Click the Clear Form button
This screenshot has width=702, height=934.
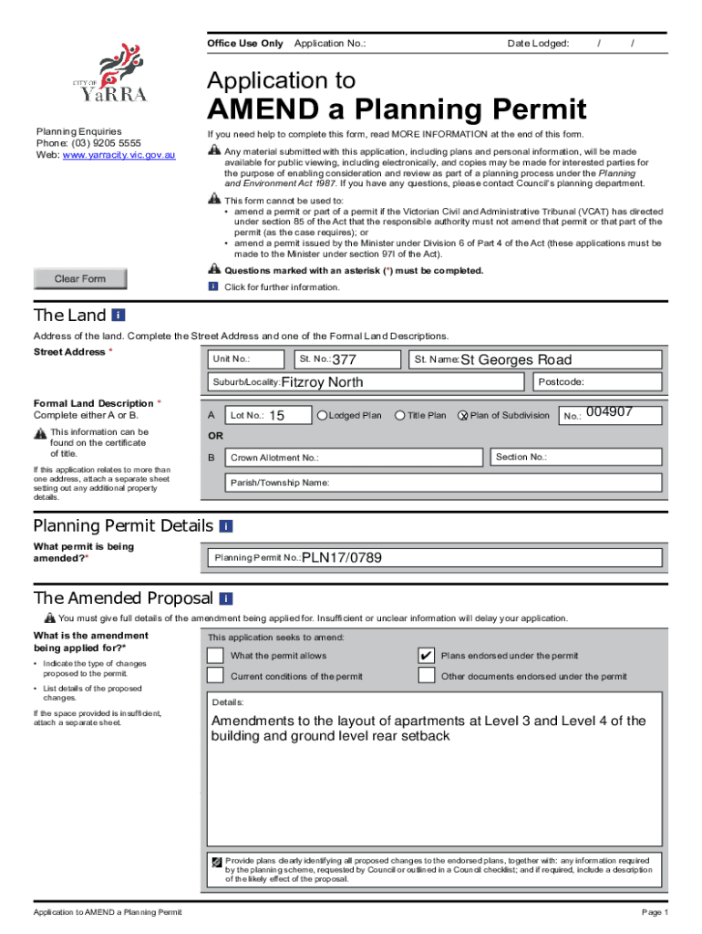pos(80,279)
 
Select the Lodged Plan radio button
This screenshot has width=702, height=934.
pos(322,416)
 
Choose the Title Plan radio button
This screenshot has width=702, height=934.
pos(399,416)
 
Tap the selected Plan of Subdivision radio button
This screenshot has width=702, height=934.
pos(462,416)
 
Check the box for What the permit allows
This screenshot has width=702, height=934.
pos(215,656)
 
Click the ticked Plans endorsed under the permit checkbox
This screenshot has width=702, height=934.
pos(426,656)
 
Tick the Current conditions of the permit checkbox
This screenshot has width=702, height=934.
pos(215,676)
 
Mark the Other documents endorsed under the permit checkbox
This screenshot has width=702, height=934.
pos(426,676)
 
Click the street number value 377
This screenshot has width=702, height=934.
pos(344,360)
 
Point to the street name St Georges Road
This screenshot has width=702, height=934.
pos(515,359)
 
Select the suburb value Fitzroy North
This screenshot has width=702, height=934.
pos(322,382)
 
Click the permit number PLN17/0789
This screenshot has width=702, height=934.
pos(341,557)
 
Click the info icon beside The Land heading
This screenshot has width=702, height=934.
pos(118,315)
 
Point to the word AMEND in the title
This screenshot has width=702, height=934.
pos(274,110)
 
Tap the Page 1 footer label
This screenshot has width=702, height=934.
pos(655,913)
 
